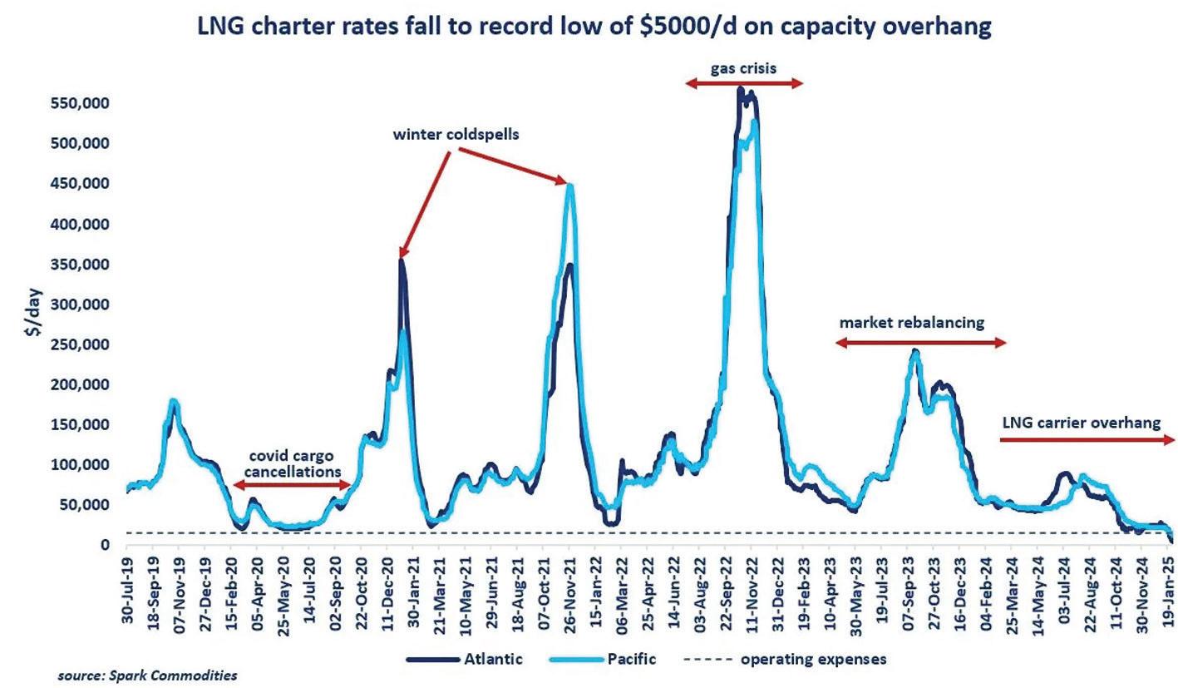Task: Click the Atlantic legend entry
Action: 466,660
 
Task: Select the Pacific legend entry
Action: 607,660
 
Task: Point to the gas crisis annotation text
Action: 743,68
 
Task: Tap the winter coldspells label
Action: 456,135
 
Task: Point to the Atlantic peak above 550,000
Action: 740,88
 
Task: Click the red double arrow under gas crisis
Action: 744,82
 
